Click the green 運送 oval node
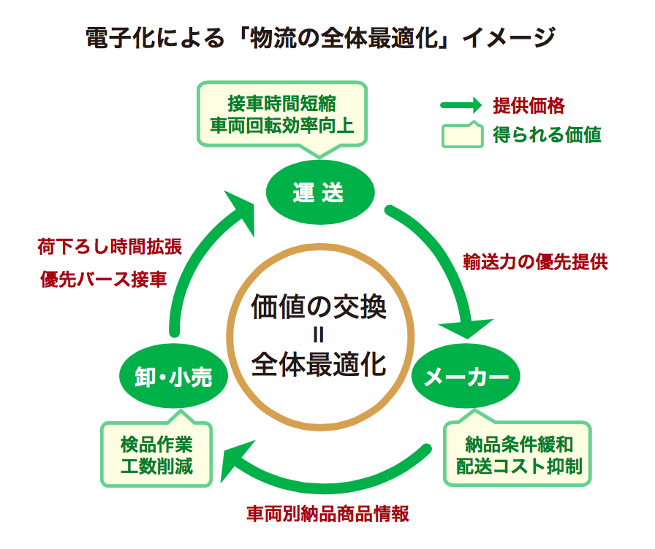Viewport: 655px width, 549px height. (319, 193)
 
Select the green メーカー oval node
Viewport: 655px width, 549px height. (466, 377)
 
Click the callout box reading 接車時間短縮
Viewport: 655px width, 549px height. (281, 113)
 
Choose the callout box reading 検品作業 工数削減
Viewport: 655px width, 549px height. (156, 453)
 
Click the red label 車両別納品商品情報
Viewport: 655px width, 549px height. (327, 512)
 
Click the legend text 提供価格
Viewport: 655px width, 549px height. (529, 105)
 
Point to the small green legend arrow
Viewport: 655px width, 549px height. (461, 105)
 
